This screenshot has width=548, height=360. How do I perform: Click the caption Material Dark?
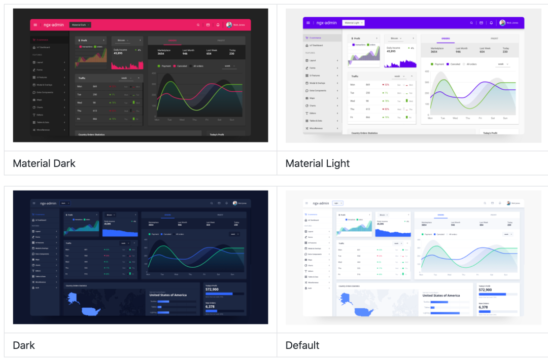[44, 163]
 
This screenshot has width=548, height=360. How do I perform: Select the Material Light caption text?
[318, 163]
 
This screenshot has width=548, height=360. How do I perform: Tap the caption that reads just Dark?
[24, 345]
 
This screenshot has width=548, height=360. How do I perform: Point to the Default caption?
[302, 345]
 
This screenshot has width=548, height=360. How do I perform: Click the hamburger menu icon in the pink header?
[35, 24]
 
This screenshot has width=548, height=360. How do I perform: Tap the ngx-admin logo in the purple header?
[327, 23]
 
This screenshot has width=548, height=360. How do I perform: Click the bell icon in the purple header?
[491, 23]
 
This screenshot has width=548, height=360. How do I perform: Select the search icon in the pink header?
[198, 24]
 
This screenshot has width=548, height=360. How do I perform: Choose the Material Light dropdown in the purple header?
[353, 23]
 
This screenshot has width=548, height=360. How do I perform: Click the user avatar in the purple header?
[502, 23]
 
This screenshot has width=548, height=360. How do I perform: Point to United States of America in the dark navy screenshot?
[168, 295]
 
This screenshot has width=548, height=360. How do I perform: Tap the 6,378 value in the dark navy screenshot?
[210, 307]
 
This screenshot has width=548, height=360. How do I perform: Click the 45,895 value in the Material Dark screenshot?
[118, 53]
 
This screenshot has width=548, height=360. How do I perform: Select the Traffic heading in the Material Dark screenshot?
[82, 78]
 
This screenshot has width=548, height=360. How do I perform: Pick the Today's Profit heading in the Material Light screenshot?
[490, 133]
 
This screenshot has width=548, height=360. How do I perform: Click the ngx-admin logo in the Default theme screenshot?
[321, 203]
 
